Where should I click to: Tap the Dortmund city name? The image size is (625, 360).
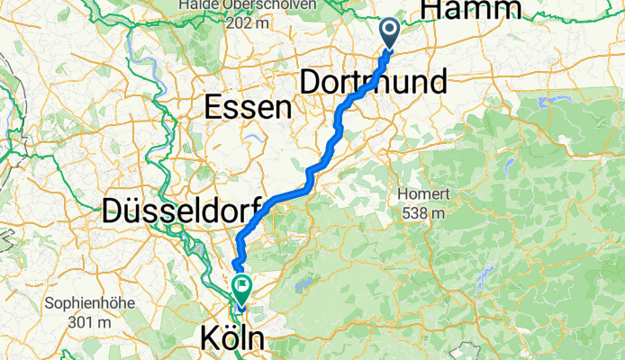372,83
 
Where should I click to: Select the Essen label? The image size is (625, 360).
249,108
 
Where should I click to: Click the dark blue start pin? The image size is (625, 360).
390,32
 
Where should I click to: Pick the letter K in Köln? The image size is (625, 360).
206,339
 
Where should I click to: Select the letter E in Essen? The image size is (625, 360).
214,108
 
